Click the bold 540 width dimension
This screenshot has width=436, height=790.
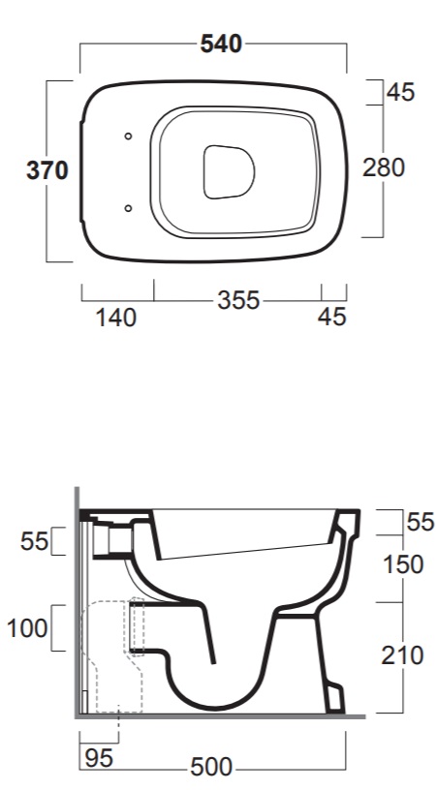(x=221, y=44)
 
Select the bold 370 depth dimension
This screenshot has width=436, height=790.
(x=47, y=170)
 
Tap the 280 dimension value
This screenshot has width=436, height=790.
(x=384, y=167)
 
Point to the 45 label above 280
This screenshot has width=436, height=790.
(x=401, y=92)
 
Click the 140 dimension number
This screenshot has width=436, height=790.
(x=116, y=318)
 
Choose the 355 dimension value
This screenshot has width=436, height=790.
(x=238, y=301)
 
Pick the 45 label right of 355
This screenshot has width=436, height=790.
(x=332, y=317)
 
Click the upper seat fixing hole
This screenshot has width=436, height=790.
(x=128, y=137)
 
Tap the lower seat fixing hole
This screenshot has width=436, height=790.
(x=128, y=208)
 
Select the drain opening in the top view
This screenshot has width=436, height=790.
(x=230, y=171)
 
